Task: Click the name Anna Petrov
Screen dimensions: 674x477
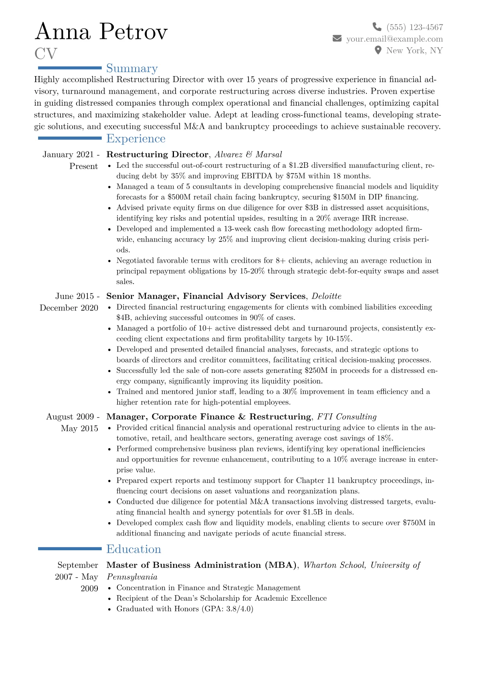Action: (x=101, y=32)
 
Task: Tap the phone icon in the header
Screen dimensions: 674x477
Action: (x=377, y=27)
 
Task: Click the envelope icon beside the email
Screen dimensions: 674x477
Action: (x=337, y=38)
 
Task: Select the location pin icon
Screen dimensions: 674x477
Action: (x=378, y=50)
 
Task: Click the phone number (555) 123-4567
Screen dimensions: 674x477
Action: (x=414, y=27)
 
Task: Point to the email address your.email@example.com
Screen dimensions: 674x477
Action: (x=394, y=39)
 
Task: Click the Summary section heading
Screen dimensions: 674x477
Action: (x=132, y=68)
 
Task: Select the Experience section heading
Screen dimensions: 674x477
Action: (x=136, y=139)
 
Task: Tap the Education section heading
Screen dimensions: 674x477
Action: (x=133, y=549)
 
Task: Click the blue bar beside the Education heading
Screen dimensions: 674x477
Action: (x=70, y=549)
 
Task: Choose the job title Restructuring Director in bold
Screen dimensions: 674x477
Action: (x=157, y=155)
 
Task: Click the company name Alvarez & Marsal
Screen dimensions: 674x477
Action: (x=248, y=155)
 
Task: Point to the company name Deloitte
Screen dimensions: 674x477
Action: (x=326, y=296)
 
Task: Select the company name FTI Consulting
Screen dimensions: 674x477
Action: (x=347, y=417)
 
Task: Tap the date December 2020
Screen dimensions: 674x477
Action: (x=69, y=308)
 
